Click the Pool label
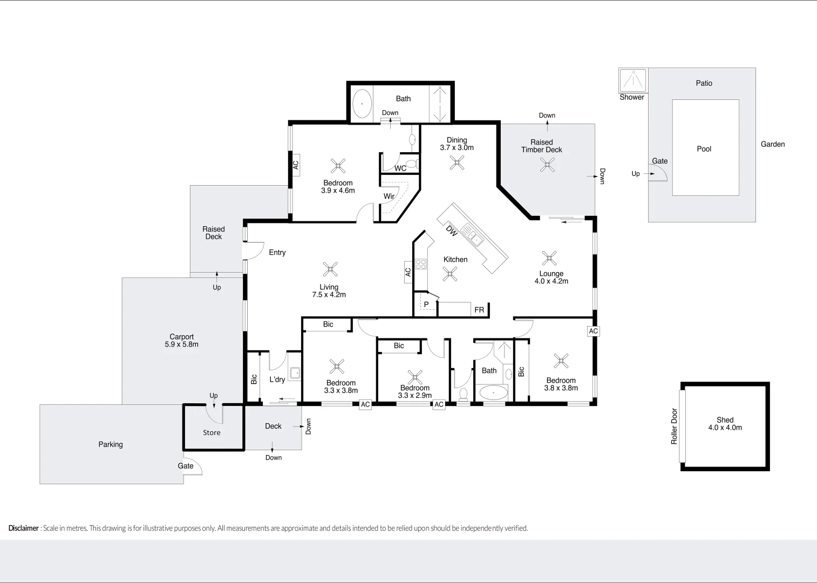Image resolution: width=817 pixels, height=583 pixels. pyautogui.click(x=704, y=149)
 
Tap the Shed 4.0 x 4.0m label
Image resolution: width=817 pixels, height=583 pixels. pyautogui.click(x=725, y=424)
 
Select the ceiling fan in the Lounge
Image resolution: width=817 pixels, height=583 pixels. pyautogui.click(x=549, y=258)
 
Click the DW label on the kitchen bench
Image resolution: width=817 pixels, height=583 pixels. pyautogui.click(x=452, y=231)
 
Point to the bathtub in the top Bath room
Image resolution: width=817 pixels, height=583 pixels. pyautogui.click(x=362, y=104)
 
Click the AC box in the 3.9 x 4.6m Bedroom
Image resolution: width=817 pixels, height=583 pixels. pyautogui.click(x=296, y=165)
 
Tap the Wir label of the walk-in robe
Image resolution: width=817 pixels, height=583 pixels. pyautogui.click(x=389, y=196)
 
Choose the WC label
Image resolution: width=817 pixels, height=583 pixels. pyautogui.click(x=400, y=168)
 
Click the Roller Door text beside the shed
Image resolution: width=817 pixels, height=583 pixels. pyautogui.click(x=674, y=426)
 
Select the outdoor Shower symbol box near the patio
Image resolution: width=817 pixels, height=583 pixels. pyautogui.click(x=632, y=80)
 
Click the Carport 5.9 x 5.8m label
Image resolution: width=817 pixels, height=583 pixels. pyautogui.click(x=181, y=341)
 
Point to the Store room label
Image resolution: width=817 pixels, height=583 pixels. pyautogui.click(x=212, y=433)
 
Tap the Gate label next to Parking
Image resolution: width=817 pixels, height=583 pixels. pyautogui.click(x=186, y=466)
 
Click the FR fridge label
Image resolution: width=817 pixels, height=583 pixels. pyautogui.click(x=479, y=310)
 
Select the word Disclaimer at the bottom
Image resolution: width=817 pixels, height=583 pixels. pyautogui.click(x=24, y=528)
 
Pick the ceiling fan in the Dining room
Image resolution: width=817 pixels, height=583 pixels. pyautogui.click(x=457, y=162)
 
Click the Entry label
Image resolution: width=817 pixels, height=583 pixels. pyautogui.click(x=277, y=253)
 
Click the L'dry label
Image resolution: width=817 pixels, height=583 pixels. pyautogui.click(x=277, y=379)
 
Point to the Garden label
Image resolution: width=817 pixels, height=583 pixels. pyautogui.click(x=772, y=144)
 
